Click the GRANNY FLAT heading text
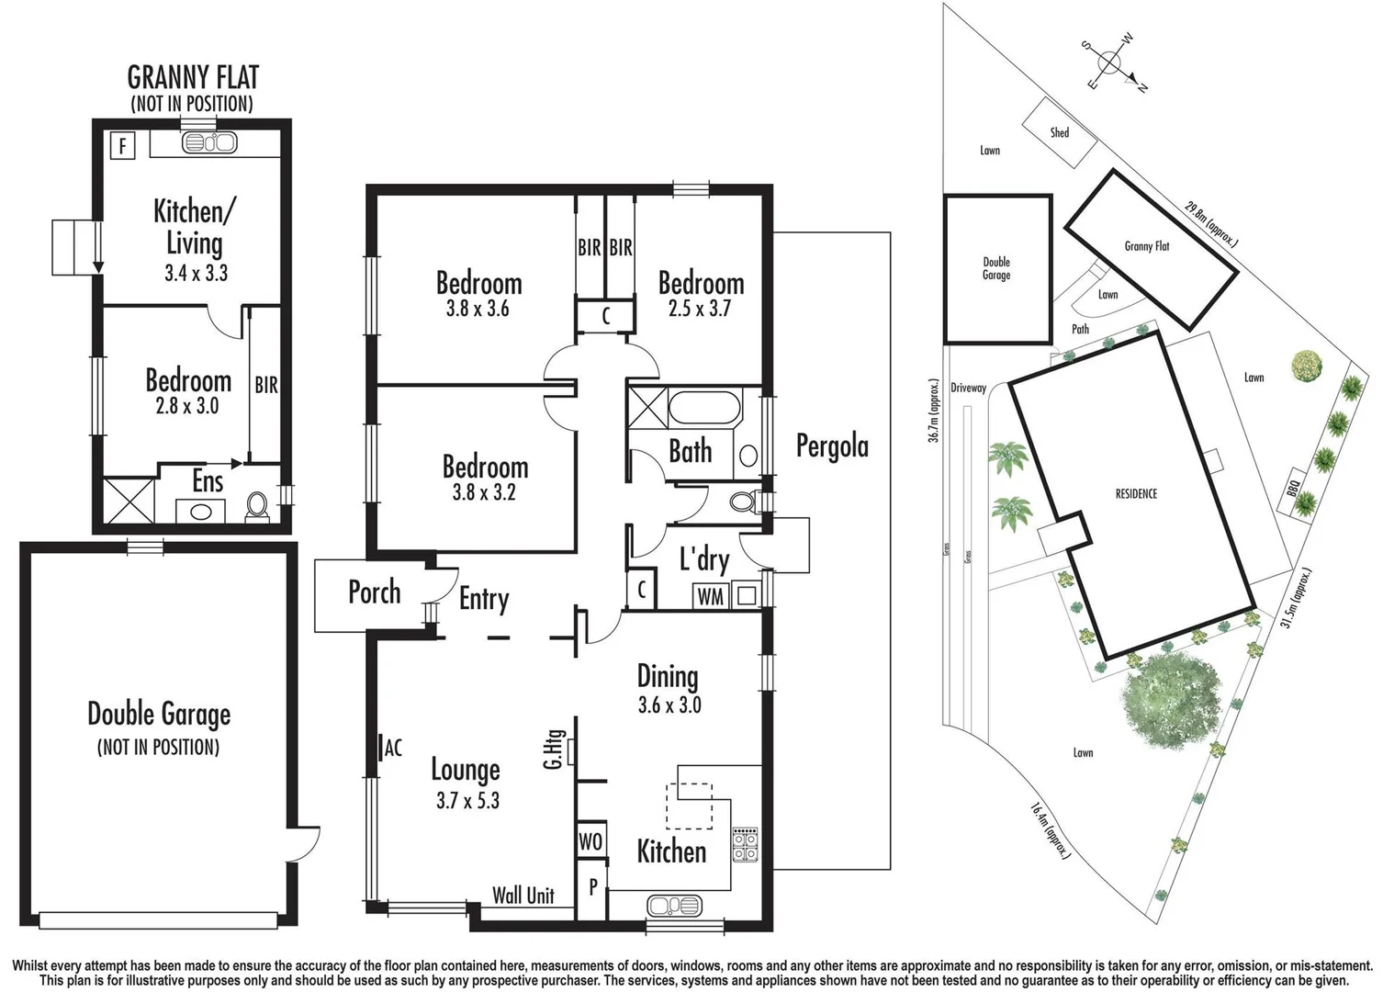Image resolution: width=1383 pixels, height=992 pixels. pyautogui.click(x=193, y=77)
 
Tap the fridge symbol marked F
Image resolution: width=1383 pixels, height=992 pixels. pyautogui.click(x=122, y=145)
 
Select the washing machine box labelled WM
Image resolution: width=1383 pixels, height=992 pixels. pyautogui.click(x=710, y=596)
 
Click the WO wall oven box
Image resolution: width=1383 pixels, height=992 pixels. pyautogui.click(x=590, y=841)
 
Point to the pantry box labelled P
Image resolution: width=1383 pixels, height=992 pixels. pyautogui.click(x=593, y=888)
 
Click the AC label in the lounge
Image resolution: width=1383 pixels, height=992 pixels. pyautogui.click(x=393, y=749)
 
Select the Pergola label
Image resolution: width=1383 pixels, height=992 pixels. pyautogui.click(x=832, y=446)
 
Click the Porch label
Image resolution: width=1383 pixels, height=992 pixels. pyautogui.click(x=374, y=592)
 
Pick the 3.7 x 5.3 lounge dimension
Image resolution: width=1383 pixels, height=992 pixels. pyautogui.click(x=467, y=801)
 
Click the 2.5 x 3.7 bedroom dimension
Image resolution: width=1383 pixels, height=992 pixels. pyautogui.click(x=700, y=309)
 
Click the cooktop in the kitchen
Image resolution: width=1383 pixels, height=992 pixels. pyautogui.click(x=745, y=844)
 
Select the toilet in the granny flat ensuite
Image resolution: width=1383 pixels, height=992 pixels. pyautogui.click(x=258, y=505)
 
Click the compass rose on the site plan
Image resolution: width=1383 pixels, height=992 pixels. pyautogui.click(x=1110, y=62)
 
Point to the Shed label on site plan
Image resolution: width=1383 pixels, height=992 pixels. pyautogui.click(x=1060, y=133)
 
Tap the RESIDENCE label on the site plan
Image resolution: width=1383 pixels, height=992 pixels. pyautogui.click(x=1136, y=494)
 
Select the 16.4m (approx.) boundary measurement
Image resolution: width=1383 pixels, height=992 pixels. pyautogui.click(x=1050, y=830)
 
